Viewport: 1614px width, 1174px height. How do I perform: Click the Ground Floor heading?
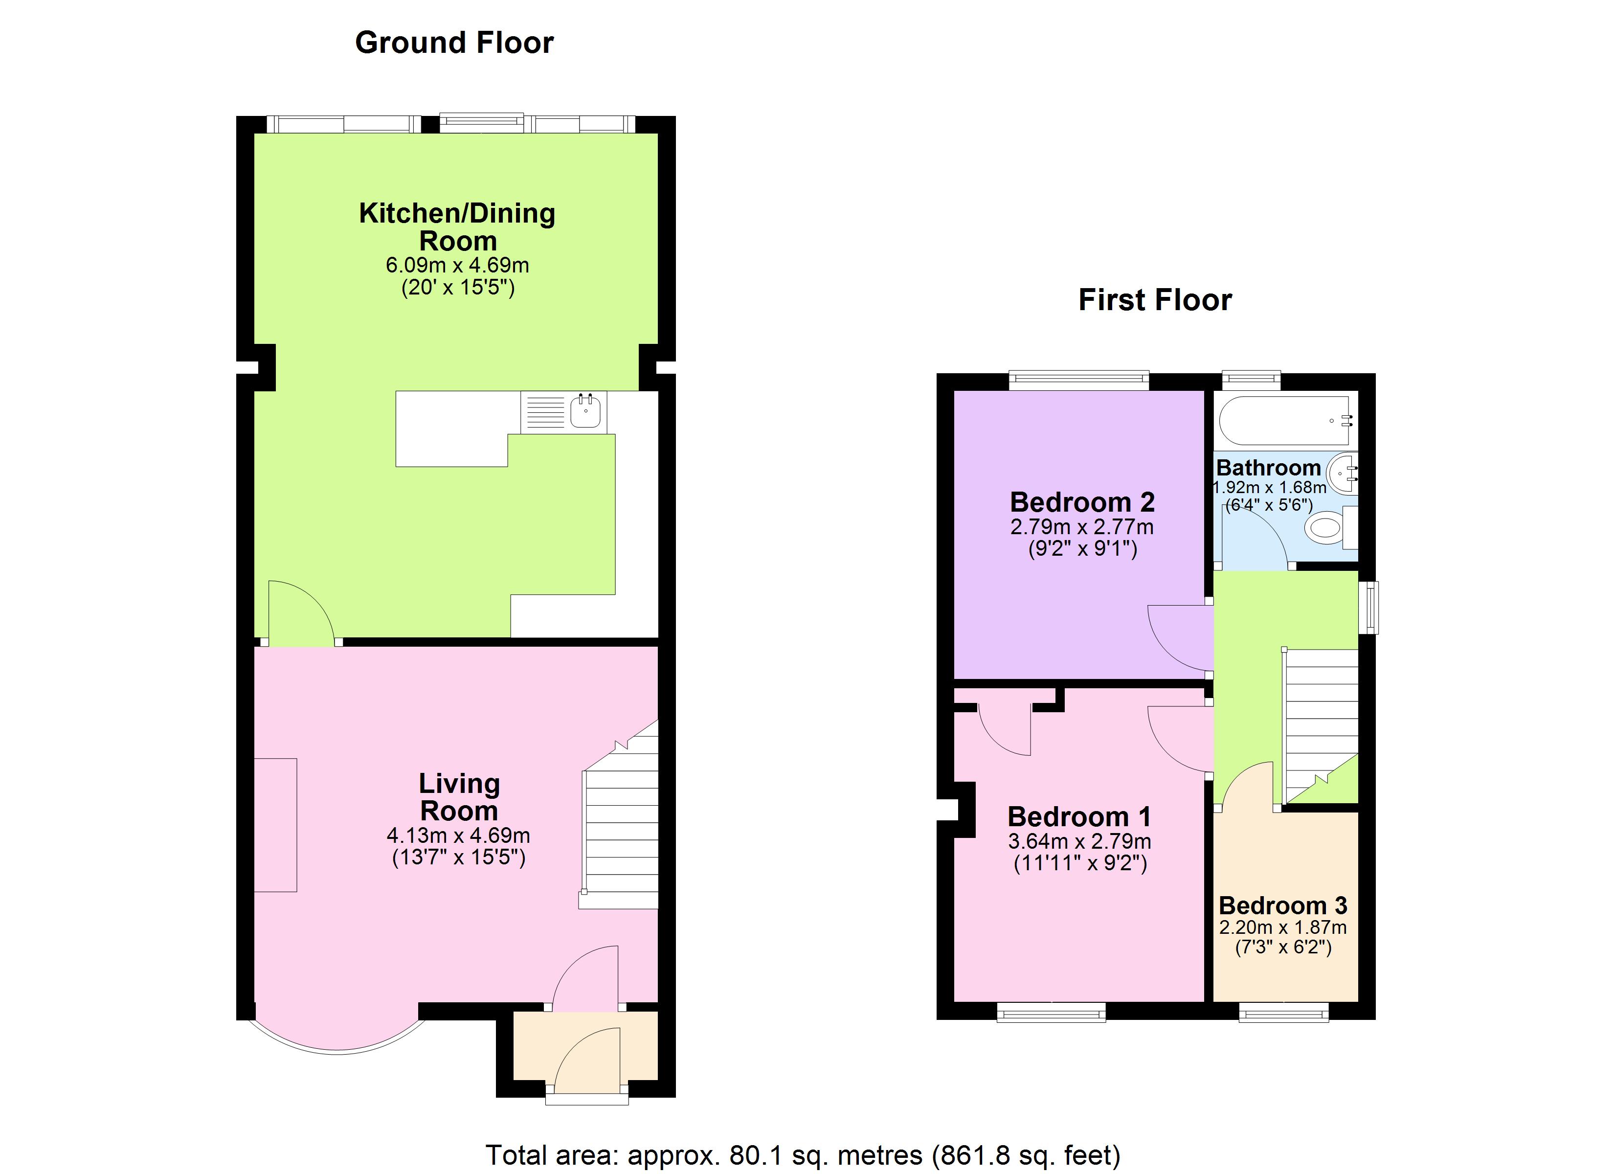click(x=454, y=43)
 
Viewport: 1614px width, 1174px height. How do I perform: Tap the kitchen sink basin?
click(x=585, y=411)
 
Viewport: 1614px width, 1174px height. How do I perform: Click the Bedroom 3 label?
click(x=1282, y=905)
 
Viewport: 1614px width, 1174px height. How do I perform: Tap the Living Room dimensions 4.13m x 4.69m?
click(x=458, y=835)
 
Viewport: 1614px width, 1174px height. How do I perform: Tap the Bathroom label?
click(x=1268, y=468)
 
